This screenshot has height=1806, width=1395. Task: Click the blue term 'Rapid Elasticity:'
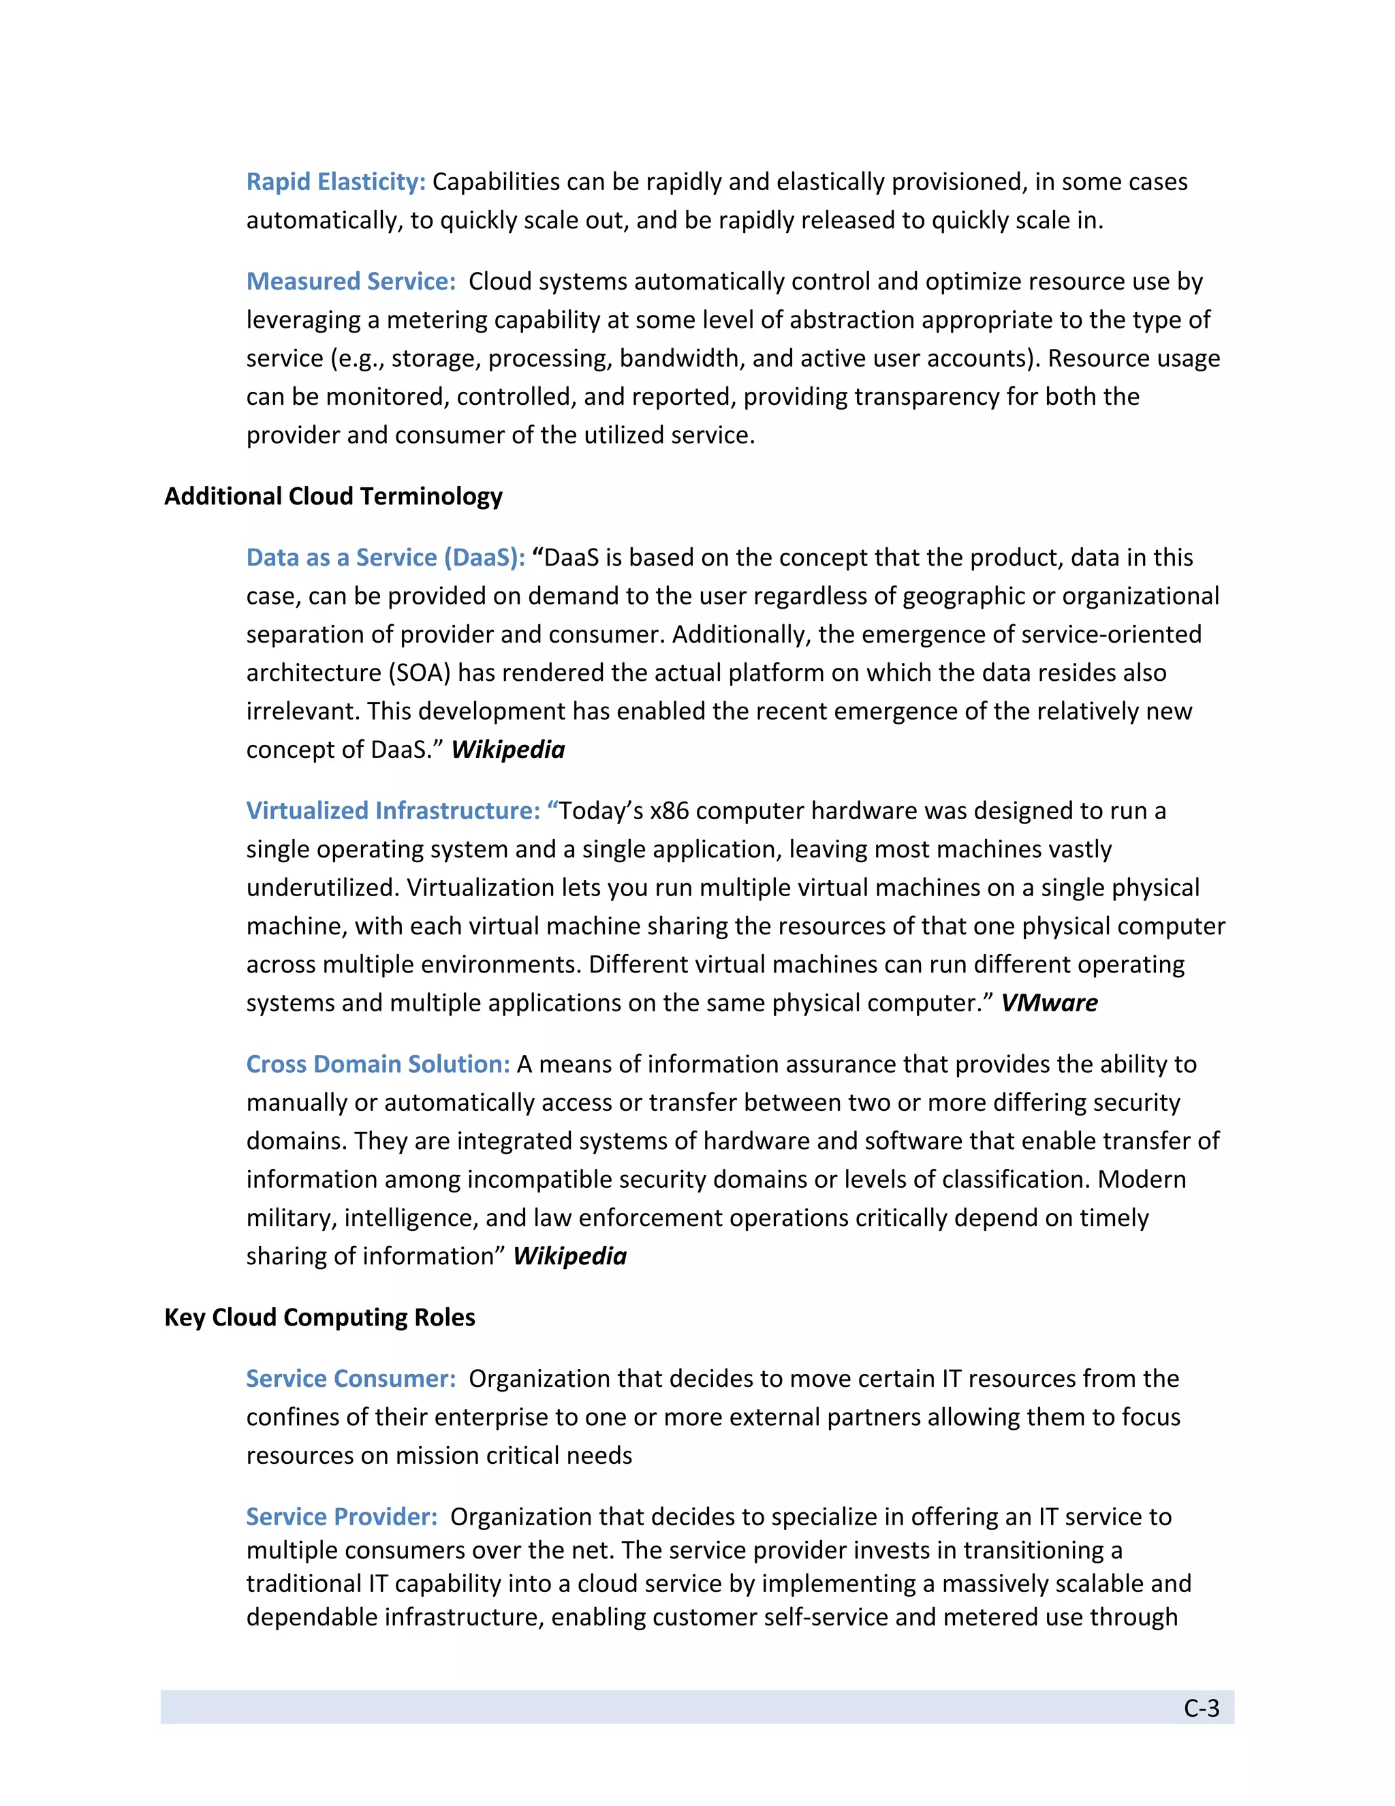click(336, 182)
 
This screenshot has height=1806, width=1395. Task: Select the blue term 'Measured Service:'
click(350, 282)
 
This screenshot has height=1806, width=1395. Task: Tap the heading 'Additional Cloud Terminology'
click(333, 496)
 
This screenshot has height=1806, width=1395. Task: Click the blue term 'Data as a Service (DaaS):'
click(385, 558)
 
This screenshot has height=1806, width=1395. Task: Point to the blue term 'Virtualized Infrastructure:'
click(394, 811)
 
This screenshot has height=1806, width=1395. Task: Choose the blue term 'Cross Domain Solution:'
click(377, 1065)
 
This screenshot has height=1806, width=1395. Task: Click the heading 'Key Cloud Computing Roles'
click(320, 1317)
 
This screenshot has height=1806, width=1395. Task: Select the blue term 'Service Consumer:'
click(350, 1379)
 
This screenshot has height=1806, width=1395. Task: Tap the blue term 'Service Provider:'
click(341, 1516)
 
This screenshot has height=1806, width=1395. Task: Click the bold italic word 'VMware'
click(1049, 1003)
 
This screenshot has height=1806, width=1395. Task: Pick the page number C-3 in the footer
click(1201, 1709)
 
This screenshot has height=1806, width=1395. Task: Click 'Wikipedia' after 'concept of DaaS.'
click(507, 750)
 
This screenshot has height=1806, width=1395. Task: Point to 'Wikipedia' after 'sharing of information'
click(569, 1256)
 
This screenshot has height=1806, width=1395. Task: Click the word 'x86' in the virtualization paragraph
click(670, 811)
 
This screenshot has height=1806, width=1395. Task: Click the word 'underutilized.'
click(323, 888)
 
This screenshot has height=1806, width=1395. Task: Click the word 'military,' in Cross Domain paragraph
click(292, 1218)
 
